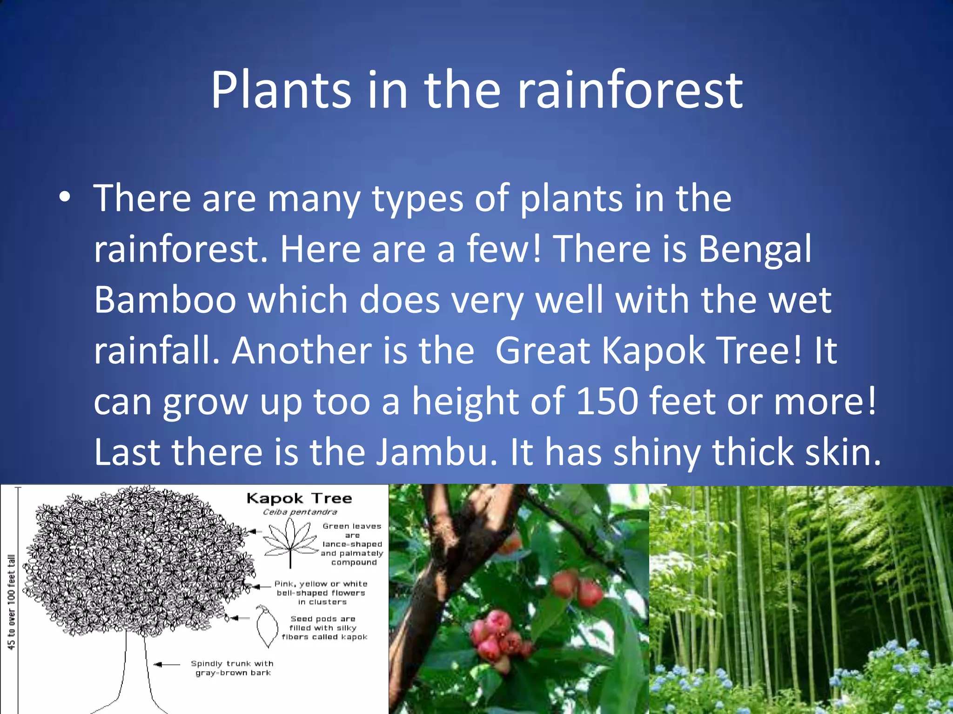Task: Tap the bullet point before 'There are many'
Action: [x=65, y=198]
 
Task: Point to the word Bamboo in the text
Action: [x=165, y=300]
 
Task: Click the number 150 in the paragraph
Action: [x=607, y=401]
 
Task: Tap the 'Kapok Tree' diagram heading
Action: [x=299, y=498]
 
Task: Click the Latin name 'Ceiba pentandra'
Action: [x=300, y=512]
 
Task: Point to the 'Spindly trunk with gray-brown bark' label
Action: [x=232, y=668]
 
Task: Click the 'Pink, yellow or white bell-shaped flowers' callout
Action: [x=321, y=593]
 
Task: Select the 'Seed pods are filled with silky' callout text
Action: [x=324, y=628]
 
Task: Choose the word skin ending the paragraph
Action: [x=842, y=452]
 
